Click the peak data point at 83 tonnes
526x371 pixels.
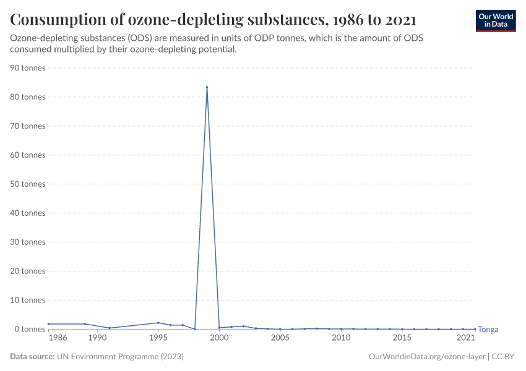pyautogui.click(x=207, y=87)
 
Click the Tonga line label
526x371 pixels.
pyautogui.click(x=488, y=330)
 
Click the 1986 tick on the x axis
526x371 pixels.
pyautogui.click(x=58, y=338)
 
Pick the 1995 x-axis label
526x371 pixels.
pyautogui.click(x=158, y=338)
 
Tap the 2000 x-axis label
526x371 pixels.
pyautogui.click(x=219, y=338)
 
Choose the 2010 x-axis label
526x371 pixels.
pyautogui.click(x=341, y=338)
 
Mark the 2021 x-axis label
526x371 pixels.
pyautogui.click(x=466, y=338)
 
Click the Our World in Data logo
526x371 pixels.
pyautogui.click(x=495, y=20)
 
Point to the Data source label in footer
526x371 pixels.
pyautogui.click(x=32, y=357)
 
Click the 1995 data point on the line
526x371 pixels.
pyautogui.click(x=158, y=323)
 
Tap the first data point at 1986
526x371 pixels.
pyautogui.click(x=48, y=324)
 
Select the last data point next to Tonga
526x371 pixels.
pyautogui.click(x=475, y=329)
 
